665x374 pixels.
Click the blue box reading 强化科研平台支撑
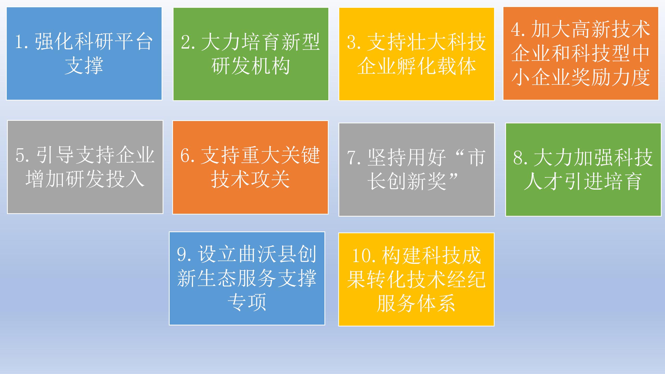pos(84,54)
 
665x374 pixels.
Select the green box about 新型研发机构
pos(251,54)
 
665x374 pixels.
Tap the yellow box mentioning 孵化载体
pos(417,54)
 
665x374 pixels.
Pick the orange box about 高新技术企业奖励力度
pos(581,54)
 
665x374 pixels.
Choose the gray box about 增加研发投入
pos(85,167)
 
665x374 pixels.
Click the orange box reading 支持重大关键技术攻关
pos(250,168)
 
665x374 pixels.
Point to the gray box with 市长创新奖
pos(417,170)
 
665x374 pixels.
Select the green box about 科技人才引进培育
pos(583,170)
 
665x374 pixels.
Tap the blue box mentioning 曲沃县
pos(247,278)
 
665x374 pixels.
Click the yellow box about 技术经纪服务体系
pos(416,279)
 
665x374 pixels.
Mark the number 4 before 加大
pos(516,29)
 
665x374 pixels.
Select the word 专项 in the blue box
pos(247,302)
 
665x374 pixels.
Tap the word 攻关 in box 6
pos(270,179)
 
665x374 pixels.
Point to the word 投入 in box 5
pos(125,179)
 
